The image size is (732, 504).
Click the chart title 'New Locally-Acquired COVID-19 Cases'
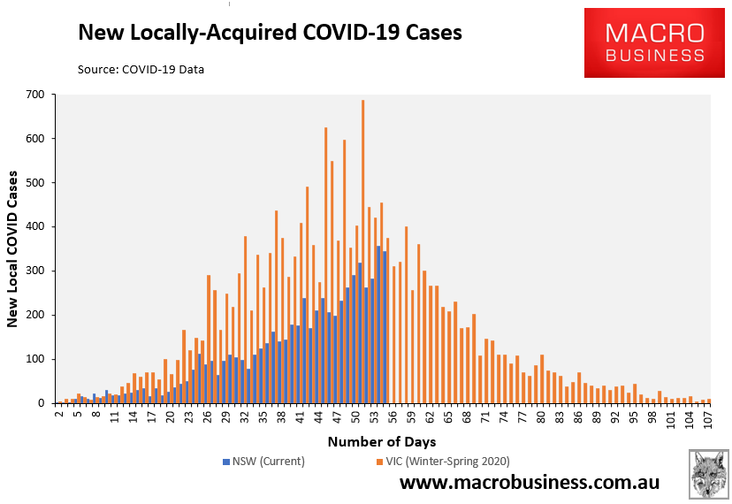coord(270,33)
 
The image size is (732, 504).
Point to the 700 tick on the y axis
coord(38,94)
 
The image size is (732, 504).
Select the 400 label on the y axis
coord(38,226)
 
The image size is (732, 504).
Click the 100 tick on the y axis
coord(38,359)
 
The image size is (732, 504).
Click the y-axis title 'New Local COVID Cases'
coord(13,248)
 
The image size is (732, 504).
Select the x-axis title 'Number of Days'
coord(382,441)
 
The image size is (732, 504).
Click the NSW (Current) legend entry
coord(263,462)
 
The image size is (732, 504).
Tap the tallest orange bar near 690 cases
coord(363,252)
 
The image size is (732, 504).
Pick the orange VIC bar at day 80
coord(542,379)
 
